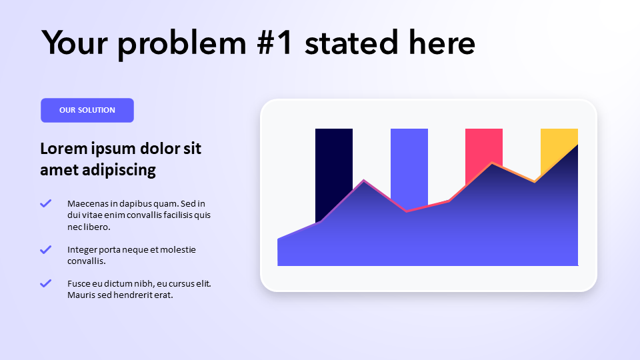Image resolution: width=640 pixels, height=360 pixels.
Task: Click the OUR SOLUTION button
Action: pyautogui.click(x=87, y=110)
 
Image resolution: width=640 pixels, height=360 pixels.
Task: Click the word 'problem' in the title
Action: pyautogui.click(x=182, y=45)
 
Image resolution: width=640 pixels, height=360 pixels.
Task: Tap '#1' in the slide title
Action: pyautogui.click(x=275, y=43)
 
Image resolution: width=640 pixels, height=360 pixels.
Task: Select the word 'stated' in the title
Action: pyautogui.click(x=351, y=43)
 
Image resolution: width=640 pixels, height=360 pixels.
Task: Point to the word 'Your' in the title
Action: pyautogui.click(x=74, y=43)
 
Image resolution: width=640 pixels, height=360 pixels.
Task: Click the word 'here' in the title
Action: pyautogui.click(x=442, y=43)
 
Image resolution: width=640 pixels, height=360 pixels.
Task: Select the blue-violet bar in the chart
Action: pyautogui.click(x=409, y=163)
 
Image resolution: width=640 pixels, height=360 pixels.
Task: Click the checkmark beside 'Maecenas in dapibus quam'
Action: pyautogui.click(x=46, y=203)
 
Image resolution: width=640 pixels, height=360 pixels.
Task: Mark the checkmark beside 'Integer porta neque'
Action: pyautogui.click(x=46, y=249)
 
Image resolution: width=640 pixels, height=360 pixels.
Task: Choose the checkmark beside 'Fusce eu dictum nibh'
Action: pyautogui.click(x=46, y=283)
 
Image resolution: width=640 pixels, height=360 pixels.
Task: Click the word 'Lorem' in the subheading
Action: pyautogui.click(x=63, y=149)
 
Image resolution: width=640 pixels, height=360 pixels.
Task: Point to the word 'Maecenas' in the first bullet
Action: pyautogui.click(x=87, y=204)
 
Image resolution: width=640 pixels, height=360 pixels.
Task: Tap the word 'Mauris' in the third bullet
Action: pyautogui.click(x=81, y=295)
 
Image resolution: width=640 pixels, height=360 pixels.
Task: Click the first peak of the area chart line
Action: pyautogui.click(x=364, y=180)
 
